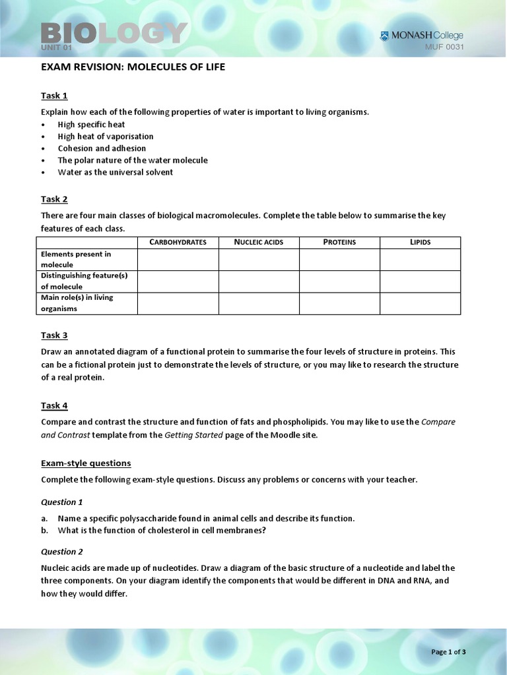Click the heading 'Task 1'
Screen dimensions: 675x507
pyautogui.click(x=54, y=96)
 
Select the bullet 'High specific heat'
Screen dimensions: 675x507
pyautogui.click(x=91, y=125)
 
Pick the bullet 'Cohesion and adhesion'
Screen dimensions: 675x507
pyautogui.click(x=102, y=148)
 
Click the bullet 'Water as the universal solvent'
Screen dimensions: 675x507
pyautogui.click(x=115, y=172)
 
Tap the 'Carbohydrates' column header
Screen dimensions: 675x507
pyautogui.click(x=178, y=242)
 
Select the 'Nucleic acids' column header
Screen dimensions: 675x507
pyautogui.click(x=259, y=242)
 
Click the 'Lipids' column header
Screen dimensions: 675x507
pyautogui.click(x=420, y=242)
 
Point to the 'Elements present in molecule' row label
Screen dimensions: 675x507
pyautogui.click(x=76, y=259)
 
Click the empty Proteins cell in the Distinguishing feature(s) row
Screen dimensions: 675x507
pyautogui.click(x=339, y=281)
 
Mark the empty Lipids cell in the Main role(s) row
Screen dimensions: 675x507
pyautogui.click(x=420, y=303)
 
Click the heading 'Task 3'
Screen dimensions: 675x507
pyautogui.click(x=54, y=335)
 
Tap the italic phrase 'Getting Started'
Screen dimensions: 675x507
pyautogui.click(x=193, y=435)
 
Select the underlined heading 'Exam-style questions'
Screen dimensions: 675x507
pyautogui.click(x=86, y=463)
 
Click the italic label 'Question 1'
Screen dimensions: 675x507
pyautogui.click(x=62, y=502)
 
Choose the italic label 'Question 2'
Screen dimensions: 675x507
pyautogui.click(x=62, y=552)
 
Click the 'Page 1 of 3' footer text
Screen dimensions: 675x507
pyautogui.click(x=448, y=652)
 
